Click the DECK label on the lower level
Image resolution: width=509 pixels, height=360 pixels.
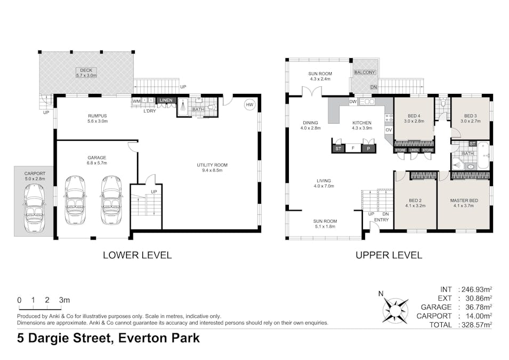pos(86,70)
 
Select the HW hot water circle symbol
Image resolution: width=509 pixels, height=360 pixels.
pos(249,105)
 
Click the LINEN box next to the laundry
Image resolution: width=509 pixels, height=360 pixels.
pos(166,100)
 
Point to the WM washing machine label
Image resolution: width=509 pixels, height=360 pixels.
pos(136,101)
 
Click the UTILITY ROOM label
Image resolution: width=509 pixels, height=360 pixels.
pos(212,165)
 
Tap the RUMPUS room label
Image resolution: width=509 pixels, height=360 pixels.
pos(98,115)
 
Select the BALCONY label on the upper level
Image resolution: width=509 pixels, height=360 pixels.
pos(365,72)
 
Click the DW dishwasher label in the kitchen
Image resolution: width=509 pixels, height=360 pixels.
pos(352,101)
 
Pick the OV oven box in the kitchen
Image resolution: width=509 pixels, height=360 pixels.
pos(389,130)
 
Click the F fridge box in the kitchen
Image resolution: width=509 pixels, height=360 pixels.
pos(352,148)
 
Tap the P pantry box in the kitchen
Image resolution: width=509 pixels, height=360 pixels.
pos(368,148)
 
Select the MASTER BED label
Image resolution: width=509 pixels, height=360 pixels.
pos(464,200)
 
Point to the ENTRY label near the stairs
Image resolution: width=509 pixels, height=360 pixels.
pos(381,220)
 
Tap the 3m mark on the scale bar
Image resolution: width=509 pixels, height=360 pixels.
pos(64,300)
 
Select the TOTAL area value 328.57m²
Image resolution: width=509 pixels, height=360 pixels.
pos(474,324)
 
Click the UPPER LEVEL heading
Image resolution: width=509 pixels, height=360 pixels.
pos(389,255)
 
